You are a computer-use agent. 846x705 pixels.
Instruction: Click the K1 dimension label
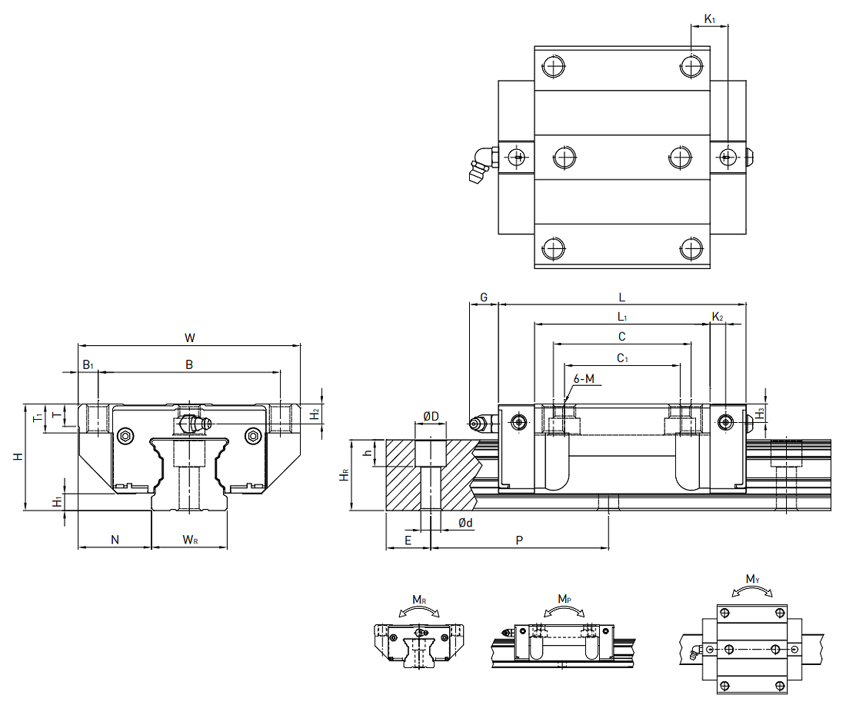pos(710,18)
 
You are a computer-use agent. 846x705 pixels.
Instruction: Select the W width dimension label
pos(190,337)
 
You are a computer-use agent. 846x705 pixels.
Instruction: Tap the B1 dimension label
pos(88,364)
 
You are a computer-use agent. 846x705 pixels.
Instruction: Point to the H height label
pos(18,456)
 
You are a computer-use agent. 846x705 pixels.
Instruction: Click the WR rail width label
pos(190,540)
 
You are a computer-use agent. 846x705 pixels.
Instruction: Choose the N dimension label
pos(115,540)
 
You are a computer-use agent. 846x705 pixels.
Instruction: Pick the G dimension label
pos(484,297)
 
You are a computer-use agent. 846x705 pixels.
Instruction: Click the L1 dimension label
pos(622,317)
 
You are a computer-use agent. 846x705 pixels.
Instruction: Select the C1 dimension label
pos(622,357)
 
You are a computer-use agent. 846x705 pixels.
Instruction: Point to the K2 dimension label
pos(717,317)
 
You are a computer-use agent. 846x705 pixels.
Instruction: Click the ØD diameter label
pos(431,416)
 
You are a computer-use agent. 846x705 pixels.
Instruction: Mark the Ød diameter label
pos(465,523)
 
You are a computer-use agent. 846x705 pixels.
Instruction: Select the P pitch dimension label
pos(519,540)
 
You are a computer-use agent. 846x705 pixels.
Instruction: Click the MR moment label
pos(419,600)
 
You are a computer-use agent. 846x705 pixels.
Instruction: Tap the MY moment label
pos(752,579)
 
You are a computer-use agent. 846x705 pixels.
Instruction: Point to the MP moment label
pos(564,598)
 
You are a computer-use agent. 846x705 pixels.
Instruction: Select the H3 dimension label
pos(760,413)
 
